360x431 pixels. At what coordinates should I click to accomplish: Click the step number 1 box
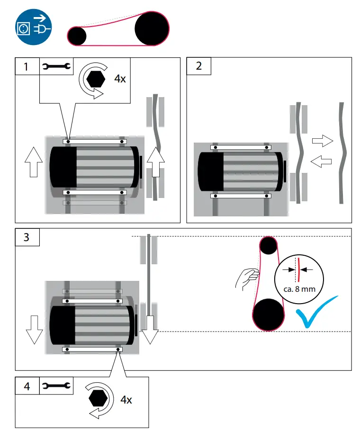(27, 67)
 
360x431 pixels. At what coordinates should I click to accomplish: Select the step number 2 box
(199, 66)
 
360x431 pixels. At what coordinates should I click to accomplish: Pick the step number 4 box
(27, 386)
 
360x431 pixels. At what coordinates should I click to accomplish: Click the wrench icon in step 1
(56, 67)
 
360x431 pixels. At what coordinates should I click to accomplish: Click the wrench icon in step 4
(56, 386)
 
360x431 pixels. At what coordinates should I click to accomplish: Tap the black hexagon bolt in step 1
(97, 78)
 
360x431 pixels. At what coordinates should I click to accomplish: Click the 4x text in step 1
(120, 79)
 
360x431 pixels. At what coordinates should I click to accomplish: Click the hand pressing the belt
(247, 278)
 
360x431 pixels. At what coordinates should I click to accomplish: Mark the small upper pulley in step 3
(269, 245)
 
